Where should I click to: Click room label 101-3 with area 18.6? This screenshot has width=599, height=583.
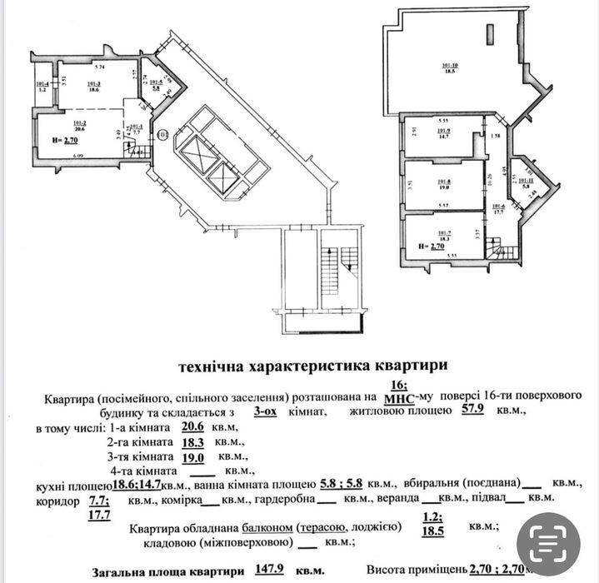pos(93,87)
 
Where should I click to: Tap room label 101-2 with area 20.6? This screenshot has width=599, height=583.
pos(81,126)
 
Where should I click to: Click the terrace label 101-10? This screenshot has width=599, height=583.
pos(451,71)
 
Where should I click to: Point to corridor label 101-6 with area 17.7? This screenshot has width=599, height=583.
pos(499,209)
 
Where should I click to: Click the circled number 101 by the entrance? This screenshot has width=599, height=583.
pos(162,133)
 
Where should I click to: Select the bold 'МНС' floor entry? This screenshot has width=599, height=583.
pos(398,397)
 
